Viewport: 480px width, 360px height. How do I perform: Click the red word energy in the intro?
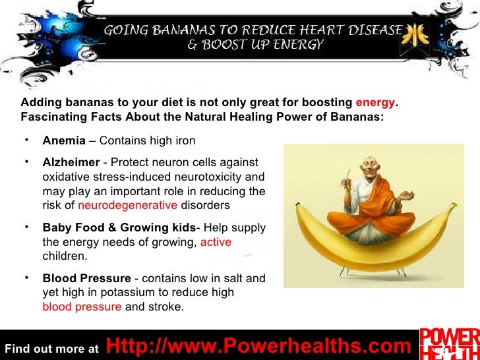(x=376, y=103)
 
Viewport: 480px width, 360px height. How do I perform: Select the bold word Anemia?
(x=64, y=140)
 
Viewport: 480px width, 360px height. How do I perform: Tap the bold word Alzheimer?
(x=71, y=162)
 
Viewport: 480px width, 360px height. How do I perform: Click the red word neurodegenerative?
(x=127, y=205)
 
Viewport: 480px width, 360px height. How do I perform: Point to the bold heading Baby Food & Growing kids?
(x=119, y=227)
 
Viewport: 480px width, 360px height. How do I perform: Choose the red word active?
(x=216, y=242)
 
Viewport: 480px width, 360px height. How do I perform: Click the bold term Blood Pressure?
(x=86, y=278)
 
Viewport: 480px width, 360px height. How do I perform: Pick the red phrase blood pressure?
(x=82, y=307)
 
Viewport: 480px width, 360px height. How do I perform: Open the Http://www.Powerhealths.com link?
(x=258, y=345)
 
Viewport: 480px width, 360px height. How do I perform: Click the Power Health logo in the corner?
(x=450, y=343)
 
